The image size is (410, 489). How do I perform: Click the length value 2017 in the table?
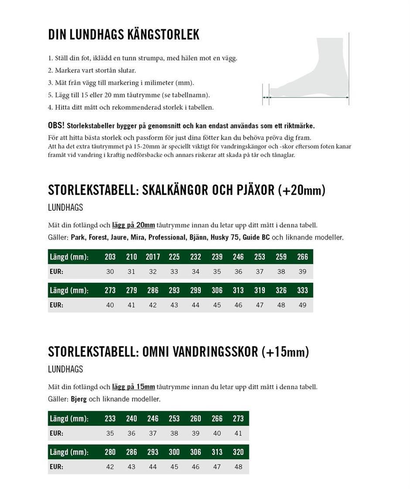point(153,257)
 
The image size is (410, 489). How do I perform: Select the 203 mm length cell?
point(110,257)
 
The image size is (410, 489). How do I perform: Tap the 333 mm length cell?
point(302,290)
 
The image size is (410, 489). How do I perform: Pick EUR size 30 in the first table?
point(110,272)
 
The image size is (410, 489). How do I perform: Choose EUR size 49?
point(302,305)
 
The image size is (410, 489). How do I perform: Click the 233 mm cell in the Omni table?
point(110,418)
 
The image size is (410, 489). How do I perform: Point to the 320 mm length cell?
point(238,452)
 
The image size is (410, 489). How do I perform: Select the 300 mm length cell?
point(174,452)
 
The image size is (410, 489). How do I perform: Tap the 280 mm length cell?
point(110,452)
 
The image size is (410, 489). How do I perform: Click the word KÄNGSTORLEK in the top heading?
point(162,35)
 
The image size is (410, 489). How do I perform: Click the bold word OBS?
point(56,126)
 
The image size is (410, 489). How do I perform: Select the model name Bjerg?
point(79,399)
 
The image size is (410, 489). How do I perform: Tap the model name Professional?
point(167,238)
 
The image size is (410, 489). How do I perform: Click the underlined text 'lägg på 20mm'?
point(133,225)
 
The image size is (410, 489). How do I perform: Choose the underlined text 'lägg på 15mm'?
point(133,387)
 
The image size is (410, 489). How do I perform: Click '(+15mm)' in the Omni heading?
point(285,352)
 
